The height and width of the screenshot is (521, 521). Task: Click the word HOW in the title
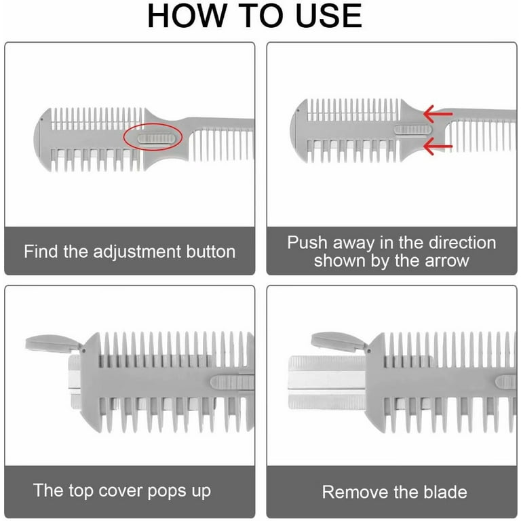tap(187, 16)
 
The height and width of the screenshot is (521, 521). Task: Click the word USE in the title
tap(328, 16)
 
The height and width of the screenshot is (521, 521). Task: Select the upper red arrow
tap(438, 114)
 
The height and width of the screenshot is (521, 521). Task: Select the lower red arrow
tap(438, 147)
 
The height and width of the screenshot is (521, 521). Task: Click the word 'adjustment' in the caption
tap(137, 252)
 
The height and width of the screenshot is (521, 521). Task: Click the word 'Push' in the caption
tap(307, 242)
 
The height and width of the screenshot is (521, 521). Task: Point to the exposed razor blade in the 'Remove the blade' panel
tap(327, 383)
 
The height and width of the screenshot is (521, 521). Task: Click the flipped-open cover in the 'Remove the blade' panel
tap(340, 342)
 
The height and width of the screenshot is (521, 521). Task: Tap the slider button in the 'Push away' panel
tap(413, 130)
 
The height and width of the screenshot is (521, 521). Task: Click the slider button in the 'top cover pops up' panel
tap(232, 383)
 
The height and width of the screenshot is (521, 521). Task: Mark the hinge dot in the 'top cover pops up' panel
tap(83, 351)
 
